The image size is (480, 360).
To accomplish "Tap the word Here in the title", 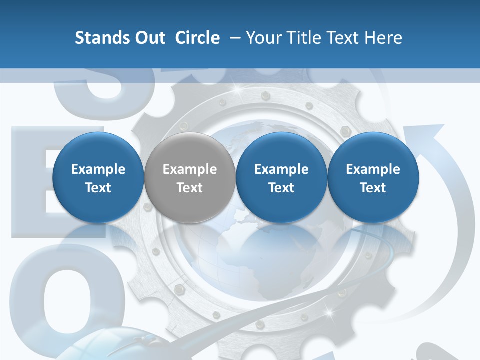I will (x=384, y=38).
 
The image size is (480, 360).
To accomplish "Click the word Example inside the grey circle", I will (x=190, y=169).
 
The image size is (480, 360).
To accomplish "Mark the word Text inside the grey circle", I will (x=190, y=188).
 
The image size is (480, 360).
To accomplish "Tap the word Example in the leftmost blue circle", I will (x=98, y=169).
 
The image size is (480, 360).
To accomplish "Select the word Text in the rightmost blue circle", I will (x=373, y=188).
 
